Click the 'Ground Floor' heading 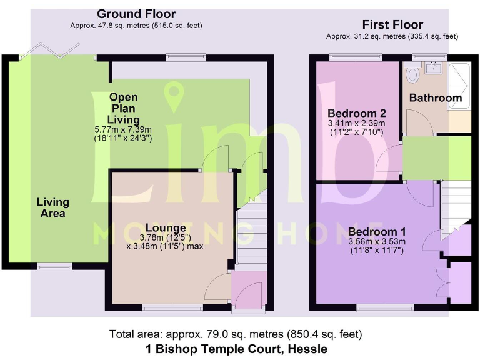pos(136,14)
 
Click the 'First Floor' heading pos(392,25)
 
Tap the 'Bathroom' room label pos(435,97)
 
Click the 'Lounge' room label pos(166,227)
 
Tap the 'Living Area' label pos(52,207)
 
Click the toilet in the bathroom pos(412,75)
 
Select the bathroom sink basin pos(433,67)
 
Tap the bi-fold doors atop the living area pos(57,50)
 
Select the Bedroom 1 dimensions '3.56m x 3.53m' pos(377,242)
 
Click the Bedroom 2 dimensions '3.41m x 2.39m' pos(356,123)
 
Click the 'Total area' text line pos(236,334)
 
